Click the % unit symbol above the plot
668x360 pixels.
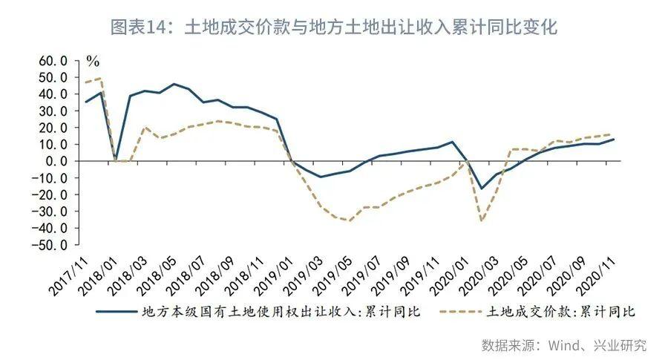pos(93,60)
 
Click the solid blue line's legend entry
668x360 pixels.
pos(259,311)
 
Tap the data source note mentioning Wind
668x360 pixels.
pos(563,345)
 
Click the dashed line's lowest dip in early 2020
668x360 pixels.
pos(481,220)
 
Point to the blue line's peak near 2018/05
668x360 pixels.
pos(174,84)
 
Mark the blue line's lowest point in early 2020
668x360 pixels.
pos(481,189)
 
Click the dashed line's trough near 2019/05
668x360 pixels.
pos(349,220)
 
